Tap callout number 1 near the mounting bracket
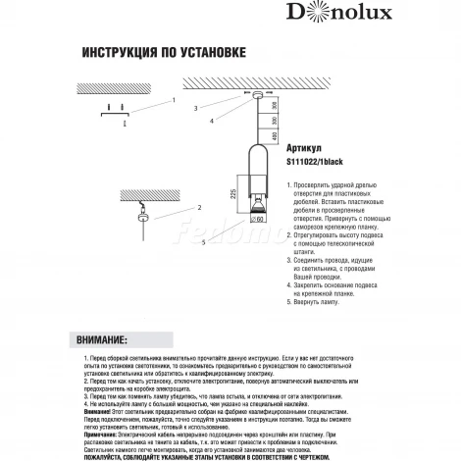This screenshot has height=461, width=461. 172,100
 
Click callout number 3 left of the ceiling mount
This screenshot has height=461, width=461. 195,108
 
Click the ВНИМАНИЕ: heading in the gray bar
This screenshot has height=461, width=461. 99,338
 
